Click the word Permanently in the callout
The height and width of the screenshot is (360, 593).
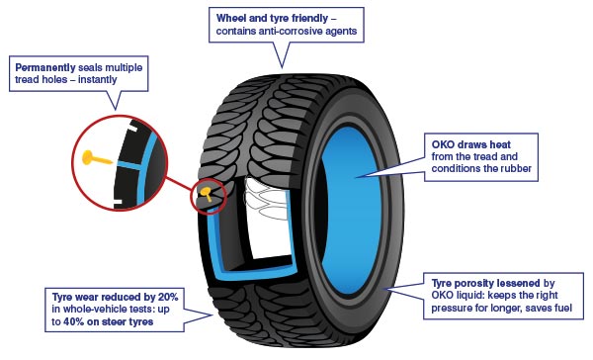(45, 68)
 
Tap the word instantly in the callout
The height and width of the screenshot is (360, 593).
(97, 80)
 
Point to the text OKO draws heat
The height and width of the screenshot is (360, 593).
(470, 144)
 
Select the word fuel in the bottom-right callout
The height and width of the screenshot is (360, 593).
(562, 308)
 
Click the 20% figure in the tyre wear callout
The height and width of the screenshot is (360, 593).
(168, 297)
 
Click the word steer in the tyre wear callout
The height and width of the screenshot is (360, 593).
(116, 321)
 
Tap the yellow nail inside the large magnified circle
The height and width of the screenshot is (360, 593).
(97, 158)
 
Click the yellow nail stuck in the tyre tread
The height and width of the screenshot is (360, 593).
(207, 193)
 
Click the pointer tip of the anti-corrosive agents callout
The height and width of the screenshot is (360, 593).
(282, 68)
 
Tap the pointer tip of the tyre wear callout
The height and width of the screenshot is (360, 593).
(212, 315)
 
